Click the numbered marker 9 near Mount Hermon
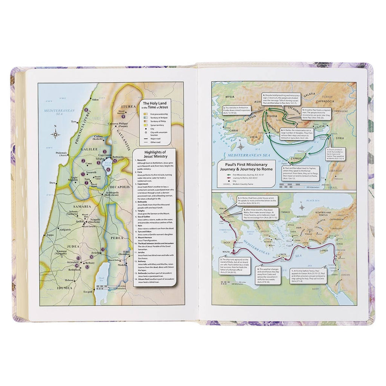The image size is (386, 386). (123, 116)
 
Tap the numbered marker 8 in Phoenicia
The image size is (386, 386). (86, 110)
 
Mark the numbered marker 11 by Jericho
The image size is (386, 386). (103, 250)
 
